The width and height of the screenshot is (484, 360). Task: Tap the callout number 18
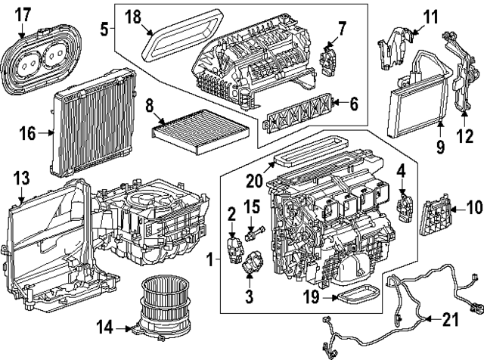[132, 15]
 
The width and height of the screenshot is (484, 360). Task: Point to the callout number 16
[26, 133]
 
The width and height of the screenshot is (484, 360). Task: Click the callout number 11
[430, 14]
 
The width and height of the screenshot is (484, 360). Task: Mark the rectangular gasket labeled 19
[360, 294]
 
